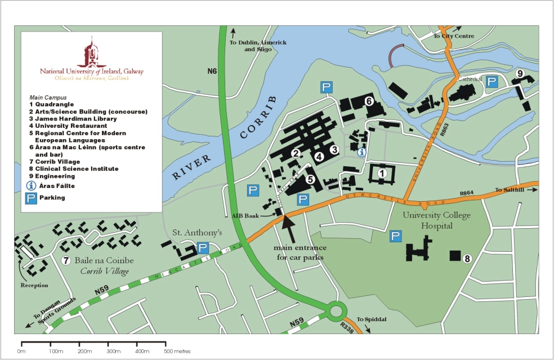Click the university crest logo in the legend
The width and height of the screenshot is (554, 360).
click(91, 52)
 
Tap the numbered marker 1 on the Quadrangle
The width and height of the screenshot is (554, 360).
click(381, 173)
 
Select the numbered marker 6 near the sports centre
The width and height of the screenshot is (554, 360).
click(369, 101)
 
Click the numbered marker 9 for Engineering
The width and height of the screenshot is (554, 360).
click(520, 73)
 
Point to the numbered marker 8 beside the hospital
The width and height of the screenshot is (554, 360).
click(466, 259)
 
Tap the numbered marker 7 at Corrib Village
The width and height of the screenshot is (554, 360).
click(66, 260)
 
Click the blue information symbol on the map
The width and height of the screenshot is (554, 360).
click(362, 152)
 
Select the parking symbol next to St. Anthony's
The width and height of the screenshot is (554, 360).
click(203, 248)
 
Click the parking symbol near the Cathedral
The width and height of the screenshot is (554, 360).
click(492, 82)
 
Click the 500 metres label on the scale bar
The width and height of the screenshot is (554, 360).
click(177, 352)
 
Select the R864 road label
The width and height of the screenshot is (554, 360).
click(467, 193)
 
